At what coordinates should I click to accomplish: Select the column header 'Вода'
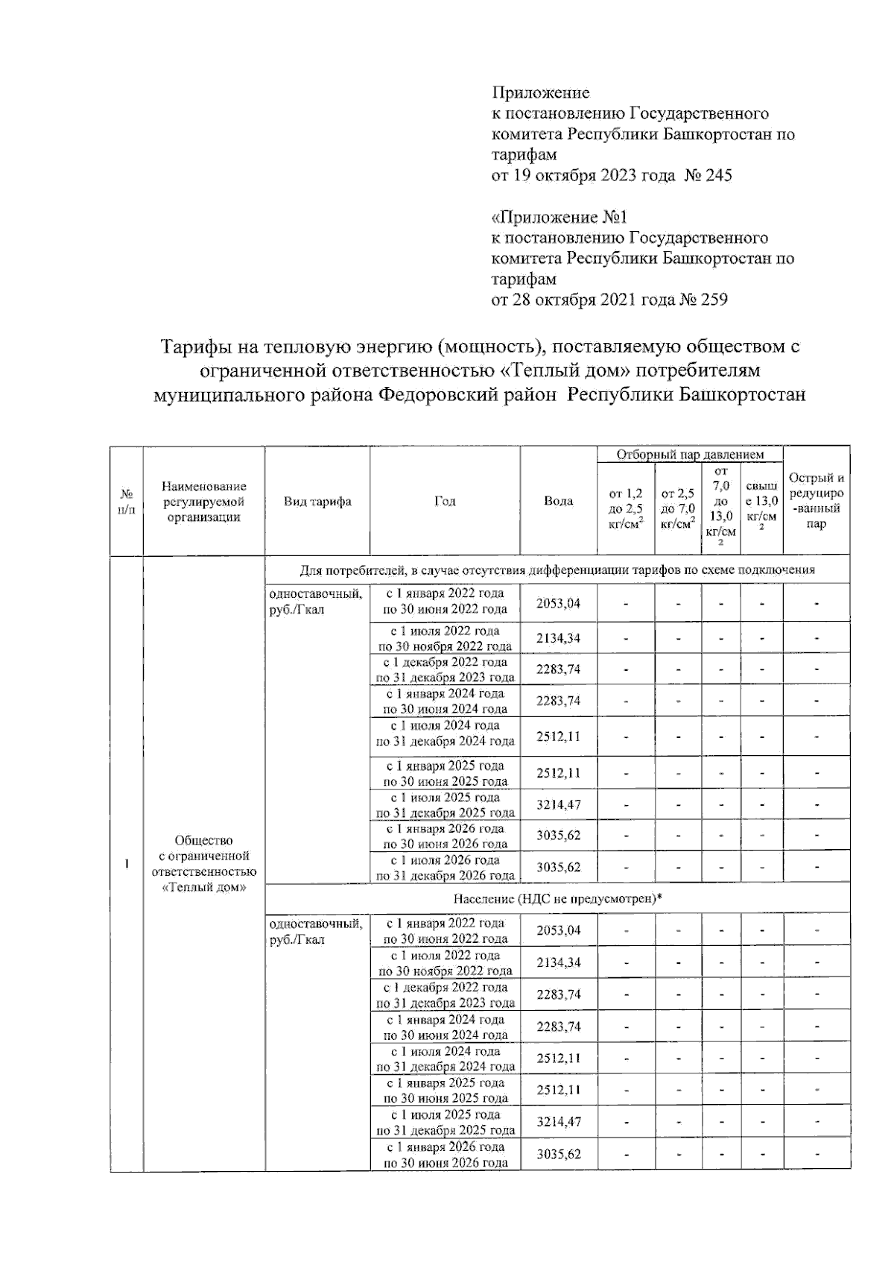point(558,501)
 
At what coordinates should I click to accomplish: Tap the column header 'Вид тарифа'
point(317,502)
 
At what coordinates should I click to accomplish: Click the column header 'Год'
point(445,502)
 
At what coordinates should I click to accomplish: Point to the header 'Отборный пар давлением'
point(689,454)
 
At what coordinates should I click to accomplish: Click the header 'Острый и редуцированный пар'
point(817,501)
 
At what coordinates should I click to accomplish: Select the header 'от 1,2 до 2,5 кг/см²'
point(625,508)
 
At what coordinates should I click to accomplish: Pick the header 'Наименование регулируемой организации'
point(203,502)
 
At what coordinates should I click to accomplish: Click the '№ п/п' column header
point(127,502)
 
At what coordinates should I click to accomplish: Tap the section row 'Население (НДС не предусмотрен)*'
point(557,899)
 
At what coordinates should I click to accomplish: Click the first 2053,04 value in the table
point(558,603)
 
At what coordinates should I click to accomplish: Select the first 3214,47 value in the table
point(558,805)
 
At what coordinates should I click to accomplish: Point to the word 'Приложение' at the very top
point(540,93)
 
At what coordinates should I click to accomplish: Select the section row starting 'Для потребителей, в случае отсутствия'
point(557,570)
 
